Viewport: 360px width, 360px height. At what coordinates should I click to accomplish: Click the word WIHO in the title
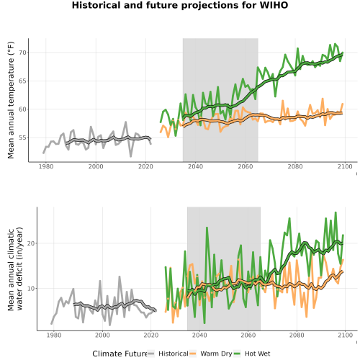pyautogui.click(x=274, y=5)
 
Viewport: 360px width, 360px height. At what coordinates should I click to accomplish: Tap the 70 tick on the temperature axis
pyautogui.click(x=22, y=53)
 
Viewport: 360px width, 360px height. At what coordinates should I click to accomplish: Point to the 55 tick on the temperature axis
pyautogui.click(x=22, y=138)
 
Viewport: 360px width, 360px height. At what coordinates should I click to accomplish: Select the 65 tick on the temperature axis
pyautogui.click(x=22, y=81)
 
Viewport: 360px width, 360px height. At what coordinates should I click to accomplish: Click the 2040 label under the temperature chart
pyautogui.click(x=195, y=166)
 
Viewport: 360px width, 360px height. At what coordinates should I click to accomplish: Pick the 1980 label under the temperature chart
pyautogui.click(x=46, y=166)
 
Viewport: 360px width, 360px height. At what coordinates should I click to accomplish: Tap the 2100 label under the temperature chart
pyautogui.click(x=345, y=166)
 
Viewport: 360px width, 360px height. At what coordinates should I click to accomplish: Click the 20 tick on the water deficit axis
pyautogui.click(x=31, y=243)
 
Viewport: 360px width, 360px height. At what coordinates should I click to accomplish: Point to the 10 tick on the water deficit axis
pyautogui.click(x=31, y=288)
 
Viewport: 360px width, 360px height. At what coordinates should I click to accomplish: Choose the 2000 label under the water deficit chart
pyautogui.click(x=102, y=335)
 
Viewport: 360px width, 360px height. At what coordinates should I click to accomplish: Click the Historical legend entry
pyautogui.click(x=174, y=354)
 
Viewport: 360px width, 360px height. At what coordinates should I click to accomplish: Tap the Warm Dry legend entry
pyautogui.click(x=216, y=354)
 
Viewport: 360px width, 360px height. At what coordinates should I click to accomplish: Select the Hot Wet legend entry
pyautogui.click(x=257, y=354)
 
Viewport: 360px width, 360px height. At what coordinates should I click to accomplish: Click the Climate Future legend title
pyautogui.click(x=120, y=354)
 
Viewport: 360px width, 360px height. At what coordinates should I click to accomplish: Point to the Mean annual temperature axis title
pyautogui.click(x=11, y=100)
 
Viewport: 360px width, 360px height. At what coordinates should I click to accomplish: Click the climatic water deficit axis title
pyautogui.click(x=15, y=269)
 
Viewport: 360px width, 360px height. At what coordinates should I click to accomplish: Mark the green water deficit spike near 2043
pyautogui.click(x=207, y=228)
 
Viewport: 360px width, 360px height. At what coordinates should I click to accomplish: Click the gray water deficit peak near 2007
pyautogui.click(x=120, y=277)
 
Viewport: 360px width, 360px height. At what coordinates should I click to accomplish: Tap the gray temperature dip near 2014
pyautogui.click(x=131, y=156)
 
